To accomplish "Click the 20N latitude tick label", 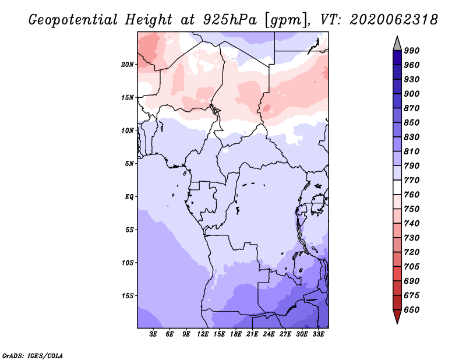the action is pyautogui.click(x=128, y=65).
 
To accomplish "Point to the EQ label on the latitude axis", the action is pyautogui.click(x=129, y=197).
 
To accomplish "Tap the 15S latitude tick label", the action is pyautogui.click(x=128, y=296).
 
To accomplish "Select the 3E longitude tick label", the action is pyautogui.click(x=153, y=334).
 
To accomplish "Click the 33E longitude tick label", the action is pyautogui.click(x=318, y=334).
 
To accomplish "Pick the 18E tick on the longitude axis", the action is pyautogui.click(x=236, y=334).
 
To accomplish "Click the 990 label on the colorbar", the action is pyautogui.click(x=412, y=51).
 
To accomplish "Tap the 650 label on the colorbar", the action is pyautogui.click(x=412, y=310).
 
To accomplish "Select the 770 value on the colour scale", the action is pyautogui.click(x=412, y=180).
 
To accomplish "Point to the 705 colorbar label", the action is pyautogui.click(x=412, y=266).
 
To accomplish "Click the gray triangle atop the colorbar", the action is pyautogui.click(x=397, y=43).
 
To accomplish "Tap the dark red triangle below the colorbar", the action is pyautogui.click(x=397, y=317).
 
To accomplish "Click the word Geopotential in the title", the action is pyautogui.click(x=73, y=20).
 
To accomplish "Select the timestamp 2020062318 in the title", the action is pyautogui.click(x=394, y=20).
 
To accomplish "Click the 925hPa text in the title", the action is pyautogui.click(x=230, y=20).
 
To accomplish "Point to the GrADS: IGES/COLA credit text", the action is pyautogui.click(x=33, y=355).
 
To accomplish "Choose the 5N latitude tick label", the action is pyautogui.click(x=129, y=164).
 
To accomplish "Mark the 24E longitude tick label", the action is pyautogui.click(x=269, y=334).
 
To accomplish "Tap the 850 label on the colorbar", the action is pyautogui.click(x=412, y=122).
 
